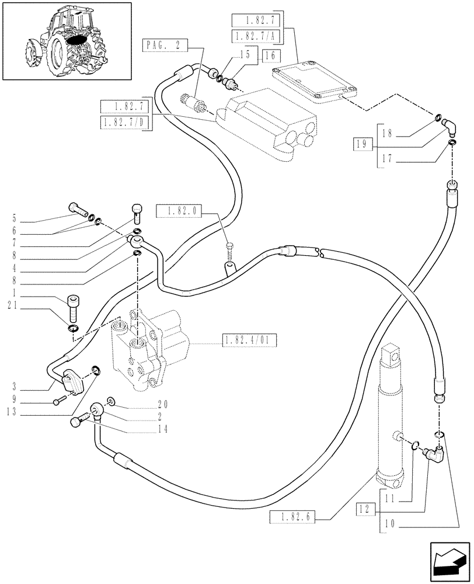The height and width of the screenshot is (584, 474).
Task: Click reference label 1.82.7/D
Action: [124, 123]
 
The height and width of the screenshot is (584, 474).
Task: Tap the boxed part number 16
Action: [271, 56]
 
